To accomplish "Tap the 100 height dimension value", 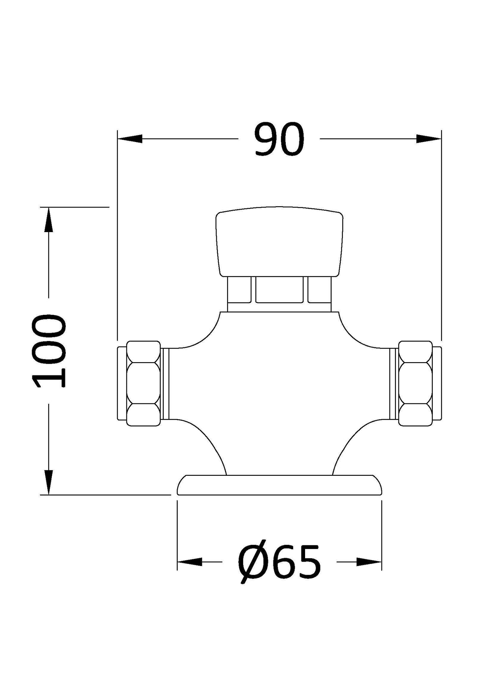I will tap(49, 351).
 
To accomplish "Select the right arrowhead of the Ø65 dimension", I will tap(369, 562).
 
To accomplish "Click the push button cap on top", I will tap(280, 241).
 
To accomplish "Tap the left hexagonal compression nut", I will tap(143, 383).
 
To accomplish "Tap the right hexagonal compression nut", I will tap(415, 383).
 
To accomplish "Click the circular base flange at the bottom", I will tap(279, 485).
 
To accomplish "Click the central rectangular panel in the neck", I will tap(279, 290).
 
